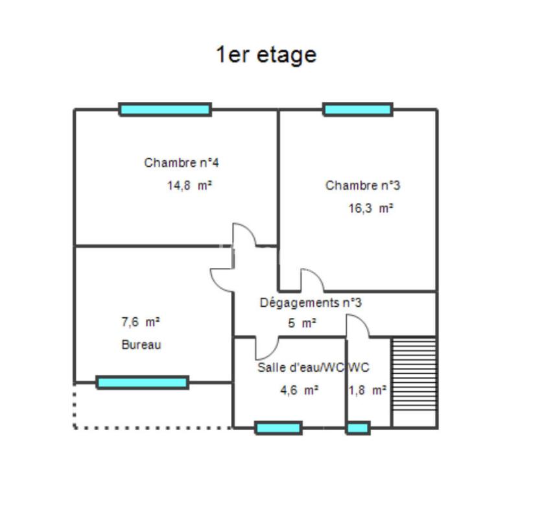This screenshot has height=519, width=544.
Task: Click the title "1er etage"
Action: coord(266,54)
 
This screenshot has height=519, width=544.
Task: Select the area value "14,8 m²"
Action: coord(190,186)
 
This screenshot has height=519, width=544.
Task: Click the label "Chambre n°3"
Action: coord(362,186)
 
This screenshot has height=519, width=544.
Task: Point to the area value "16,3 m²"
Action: coord(371,209)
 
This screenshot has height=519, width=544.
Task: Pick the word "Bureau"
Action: coord(141,345)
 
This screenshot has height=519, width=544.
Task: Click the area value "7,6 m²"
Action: coord(141,321)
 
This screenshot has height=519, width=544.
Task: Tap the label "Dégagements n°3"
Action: coord(311,302)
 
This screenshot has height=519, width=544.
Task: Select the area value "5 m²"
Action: coord(302,322)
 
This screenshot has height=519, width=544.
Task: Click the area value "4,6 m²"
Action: coord(298,391)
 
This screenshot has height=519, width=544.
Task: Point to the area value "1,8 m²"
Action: coord(368,391)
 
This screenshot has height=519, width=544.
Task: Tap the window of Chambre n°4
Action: coord(165,110)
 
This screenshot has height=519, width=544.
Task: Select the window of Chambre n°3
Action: coord(358,110)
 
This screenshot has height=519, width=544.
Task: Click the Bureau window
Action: coord(143,383)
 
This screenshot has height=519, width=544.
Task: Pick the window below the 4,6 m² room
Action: coord(278,428)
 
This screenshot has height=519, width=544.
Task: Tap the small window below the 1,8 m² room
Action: coord(358,428)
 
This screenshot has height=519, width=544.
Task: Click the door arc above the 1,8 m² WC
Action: coord(358,326)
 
